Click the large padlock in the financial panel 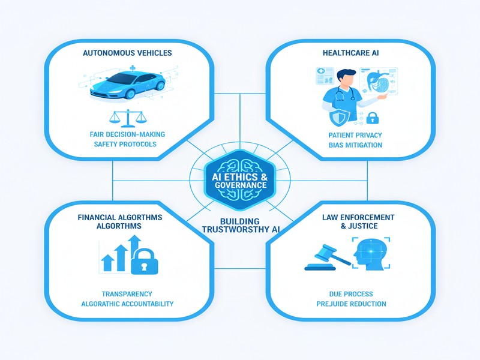click(x=143, y=261)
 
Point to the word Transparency click(x=127, y=293)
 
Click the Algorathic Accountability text click(x=127, y=304)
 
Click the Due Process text click(x=351, y=293)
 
